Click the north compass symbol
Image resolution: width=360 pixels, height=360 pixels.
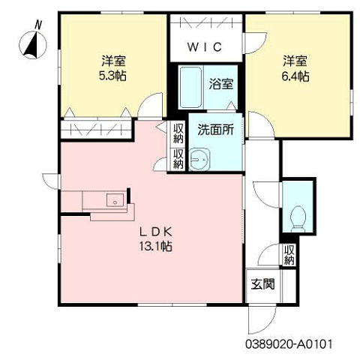click(x=33, y=45)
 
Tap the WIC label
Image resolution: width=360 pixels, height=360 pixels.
click(x=205, y=46)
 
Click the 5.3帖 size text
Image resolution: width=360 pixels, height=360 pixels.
click(x=112, y=76)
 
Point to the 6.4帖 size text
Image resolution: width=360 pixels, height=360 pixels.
click(x=295, y=76)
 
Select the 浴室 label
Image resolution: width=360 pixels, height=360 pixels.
click(x=221, y=84)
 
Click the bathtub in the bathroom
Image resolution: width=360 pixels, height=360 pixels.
click(x=190, y=87)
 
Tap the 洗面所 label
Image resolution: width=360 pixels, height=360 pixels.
click(x=215, y=130)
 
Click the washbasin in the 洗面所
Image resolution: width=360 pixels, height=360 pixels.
click(x=199, y=159)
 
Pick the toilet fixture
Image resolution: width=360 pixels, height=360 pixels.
click(x=298, y=218)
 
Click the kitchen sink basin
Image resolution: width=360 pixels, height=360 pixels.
click(x=115, y=200)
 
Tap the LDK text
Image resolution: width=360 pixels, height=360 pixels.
click(x=155, y=232)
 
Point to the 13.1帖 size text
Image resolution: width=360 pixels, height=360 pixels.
click(x=155, y=247)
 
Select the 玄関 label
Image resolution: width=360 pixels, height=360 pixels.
click(x=262, y=284)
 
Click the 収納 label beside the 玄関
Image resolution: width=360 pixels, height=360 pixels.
click(x=289, y=255)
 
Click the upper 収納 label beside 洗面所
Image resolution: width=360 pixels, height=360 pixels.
click(x=178, y=133)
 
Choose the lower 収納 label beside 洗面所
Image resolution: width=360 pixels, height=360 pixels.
click(x=178, y=159)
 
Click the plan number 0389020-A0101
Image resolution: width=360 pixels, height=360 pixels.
click(x=289, y=344)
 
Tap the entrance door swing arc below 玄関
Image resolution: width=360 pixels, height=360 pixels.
click(x=268, y=325)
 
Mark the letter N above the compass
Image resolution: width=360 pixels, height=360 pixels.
click(x=38, y=25)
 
